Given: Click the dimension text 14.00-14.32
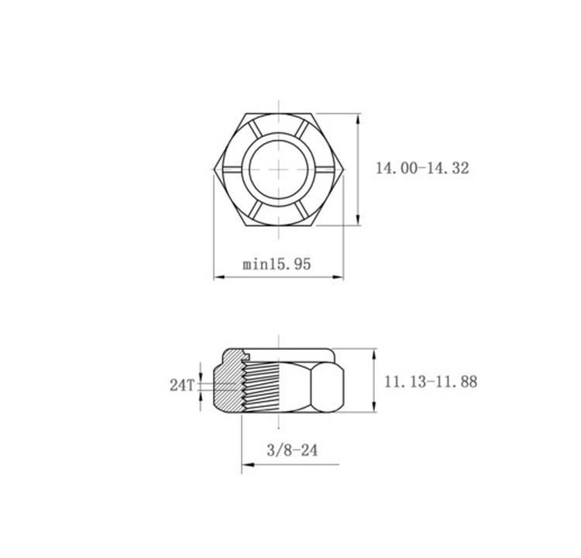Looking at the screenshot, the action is pyautogui.click(x=422, y=168).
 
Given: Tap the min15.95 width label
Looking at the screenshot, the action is pyautogui.click(x=277, y=264).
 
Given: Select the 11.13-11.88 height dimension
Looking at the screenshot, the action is pyautogui.click(x=431, y=382).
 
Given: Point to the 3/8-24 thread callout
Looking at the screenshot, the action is pyautogui.click(x=292, y=450).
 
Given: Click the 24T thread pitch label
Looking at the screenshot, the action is pyautogui.click(x=181, y=385).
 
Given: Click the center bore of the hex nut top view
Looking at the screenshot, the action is pyautogui.click(x=279, y=169).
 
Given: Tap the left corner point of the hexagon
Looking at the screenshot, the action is pyautogui.click(x=214, y=169).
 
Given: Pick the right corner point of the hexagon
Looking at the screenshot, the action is pyautogui.click(x=343, y=169).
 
